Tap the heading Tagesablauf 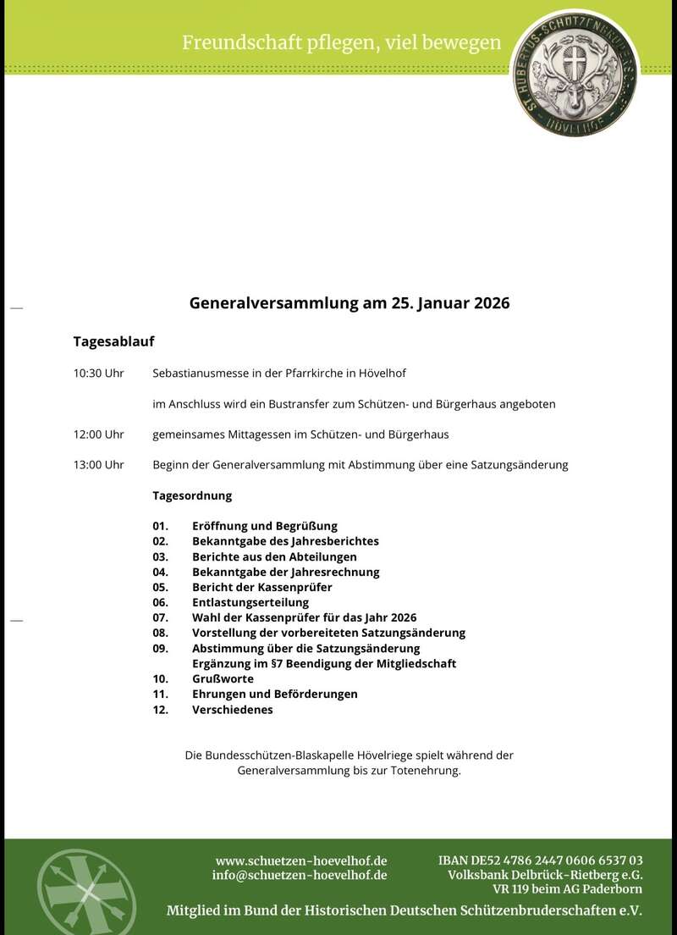(x=113, y=342)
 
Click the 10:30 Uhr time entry (x=98, y=373)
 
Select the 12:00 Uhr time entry (x=98, y=434)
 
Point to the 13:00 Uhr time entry (x=98, y=465)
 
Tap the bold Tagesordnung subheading (x=192, y=495)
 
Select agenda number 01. (x=161, y=526)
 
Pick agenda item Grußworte (x=223, y=679)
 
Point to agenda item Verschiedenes (x=233, y=710)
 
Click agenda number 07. (x=161, y=617)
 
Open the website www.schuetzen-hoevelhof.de (x=301, y=860)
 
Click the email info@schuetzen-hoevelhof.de (x=300, y=875)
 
